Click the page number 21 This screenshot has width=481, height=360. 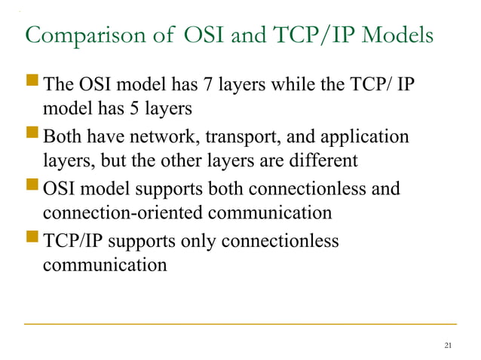point(449,346)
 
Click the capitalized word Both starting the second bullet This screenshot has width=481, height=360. point(63,136)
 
